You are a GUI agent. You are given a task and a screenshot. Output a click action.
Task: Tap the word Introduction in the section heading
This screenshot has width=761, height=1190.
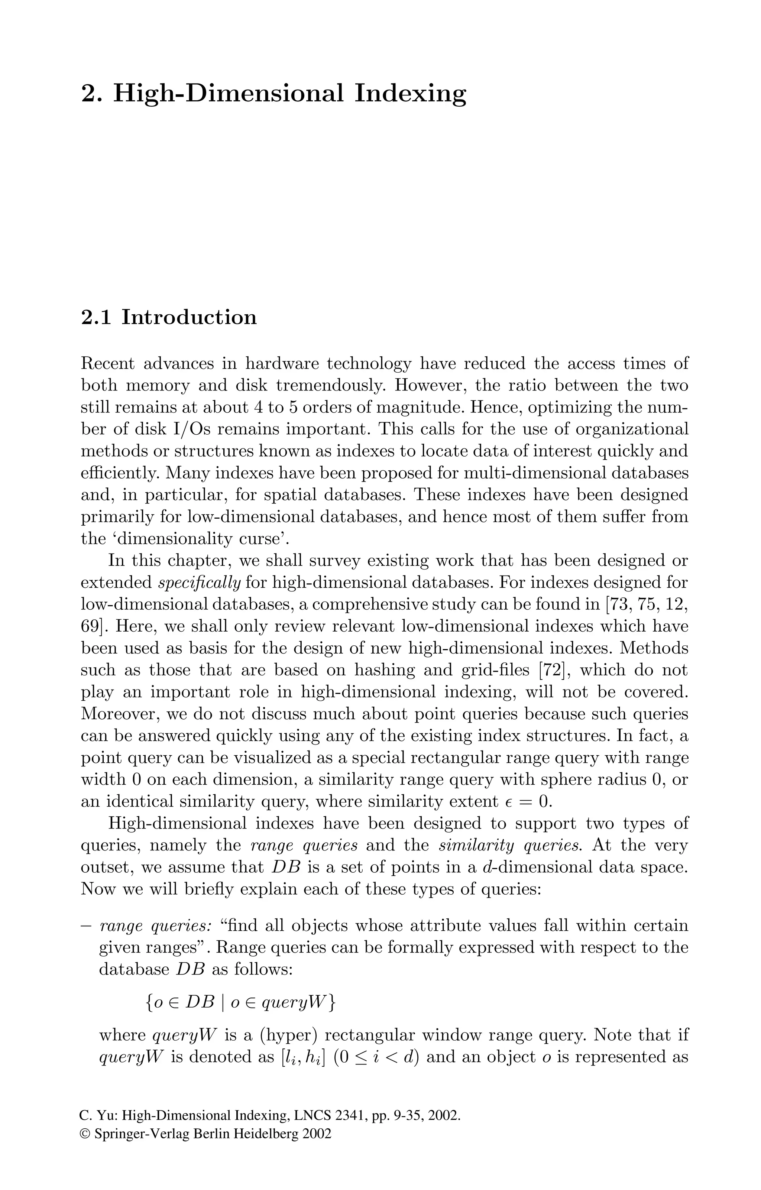click(x=189, y=317)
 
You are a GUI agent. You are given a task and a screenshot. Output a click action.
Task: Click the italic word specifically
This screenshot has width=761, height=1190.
click(x=199, y=583)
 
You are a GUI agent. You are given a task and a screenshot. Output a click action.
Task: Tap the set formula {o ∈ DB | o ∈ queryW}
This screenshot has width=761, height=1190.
click(x=241, y=1002)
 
